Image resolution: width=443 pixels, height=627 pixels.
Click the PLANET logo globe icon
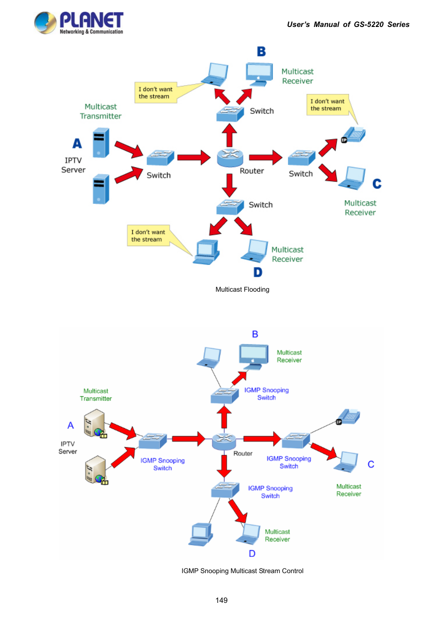coord(45,23)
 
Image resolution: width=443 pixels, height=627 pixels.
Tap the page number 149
coord(221,600)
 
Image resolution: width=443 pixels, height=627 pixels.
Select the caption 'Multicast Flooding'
coord(242,289)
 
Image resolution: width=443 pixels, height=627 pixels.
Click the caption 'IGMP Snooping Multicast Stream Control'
coord(242,571)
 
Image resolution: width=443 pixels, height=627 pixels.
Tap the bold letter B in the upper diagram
coord(261,52)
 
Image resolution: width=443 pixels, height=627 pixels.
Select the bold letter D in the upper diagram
coord(258,272)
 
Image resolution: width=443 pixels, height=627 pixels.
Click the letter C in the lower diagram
coord(371,464)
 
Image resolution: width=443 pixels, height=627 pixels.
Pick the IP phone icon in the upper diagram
coord(353,135)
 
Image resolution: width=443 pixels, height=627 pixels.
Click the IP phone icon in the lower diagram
coord(348,417)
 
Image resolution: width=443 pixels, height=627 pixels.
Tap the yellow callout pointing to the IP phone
coord(328,105)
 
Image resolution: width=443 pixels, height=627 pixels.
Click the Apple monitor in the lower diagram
coord(254,357)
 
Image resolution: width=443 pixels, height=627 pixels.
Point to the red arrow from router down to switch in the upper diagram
coord(229,185)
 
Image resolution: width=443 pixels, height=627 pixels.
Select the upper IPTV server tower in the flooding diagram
coord(101,143)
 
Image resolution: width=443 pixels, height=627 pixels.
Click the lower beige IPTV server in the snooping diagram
coord(96,470)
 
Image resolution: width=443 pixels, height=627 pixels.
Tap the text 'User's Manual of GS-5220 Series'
coord(348,25)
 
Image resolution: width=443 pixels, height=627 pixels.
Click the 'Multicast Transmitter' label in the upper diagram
coord(101,111)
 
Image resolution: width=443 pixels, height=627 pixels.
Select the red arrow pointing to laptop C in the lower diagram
coord(324,451)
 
